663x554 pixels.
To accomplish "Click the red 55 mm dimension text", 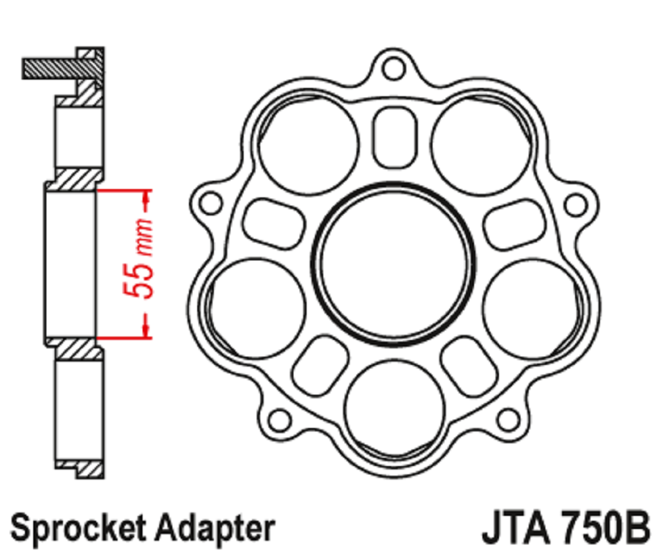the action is click(138, 258).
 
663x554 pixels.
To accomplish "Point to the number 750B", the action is click(606, 528).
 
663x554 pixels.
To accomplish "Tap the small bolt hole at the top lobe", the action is click(394, 69).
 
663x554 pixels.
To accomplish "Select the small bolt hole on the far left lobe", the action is click(210, 203).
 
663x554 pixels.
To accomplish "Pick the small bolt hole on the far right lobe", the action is click(576, 205).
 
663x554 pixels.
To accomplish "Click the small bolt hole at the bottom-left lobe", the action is click(280, 420).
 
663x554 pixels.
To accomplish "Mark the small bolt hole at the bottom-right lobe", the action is click(507, 420).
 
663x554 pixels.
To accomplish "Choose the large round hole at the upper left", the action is click(309, 145).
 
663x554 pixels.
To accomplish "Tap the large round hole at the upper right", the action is click(481, 145).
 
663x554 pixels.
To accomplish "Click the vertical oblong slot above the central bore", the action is click(394, 136).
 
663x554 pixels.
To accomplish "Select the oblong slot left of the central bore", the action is click(273, 223).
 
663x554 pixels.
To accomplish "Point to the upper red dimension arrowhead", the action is click(146, 197).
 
